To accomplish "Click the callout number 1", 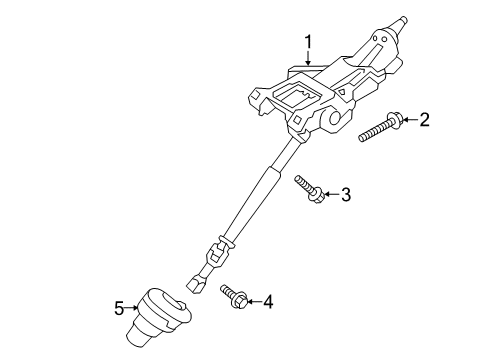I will pyautogui.click(x=310, y=42).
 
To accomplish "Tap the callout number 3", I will pyautogui.click(x=345, y=194).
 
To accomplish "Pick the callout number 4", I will pyautogui.click(x=266, y=300).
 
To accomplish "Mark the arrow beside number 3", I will pyautogui.click(x=329, y=195).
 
